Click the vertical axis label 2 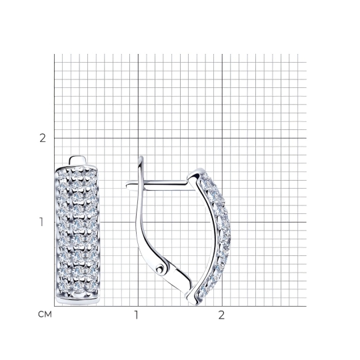43,138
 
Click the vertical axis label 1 41,222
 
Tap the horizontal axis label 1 137,315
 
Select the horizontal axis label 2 221,315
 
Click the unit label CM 45,314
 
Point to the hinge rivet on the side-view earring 160,268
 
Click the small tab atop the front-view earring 78,160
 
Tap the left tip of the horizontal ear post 127,185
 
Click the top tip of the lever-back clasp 141,157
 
